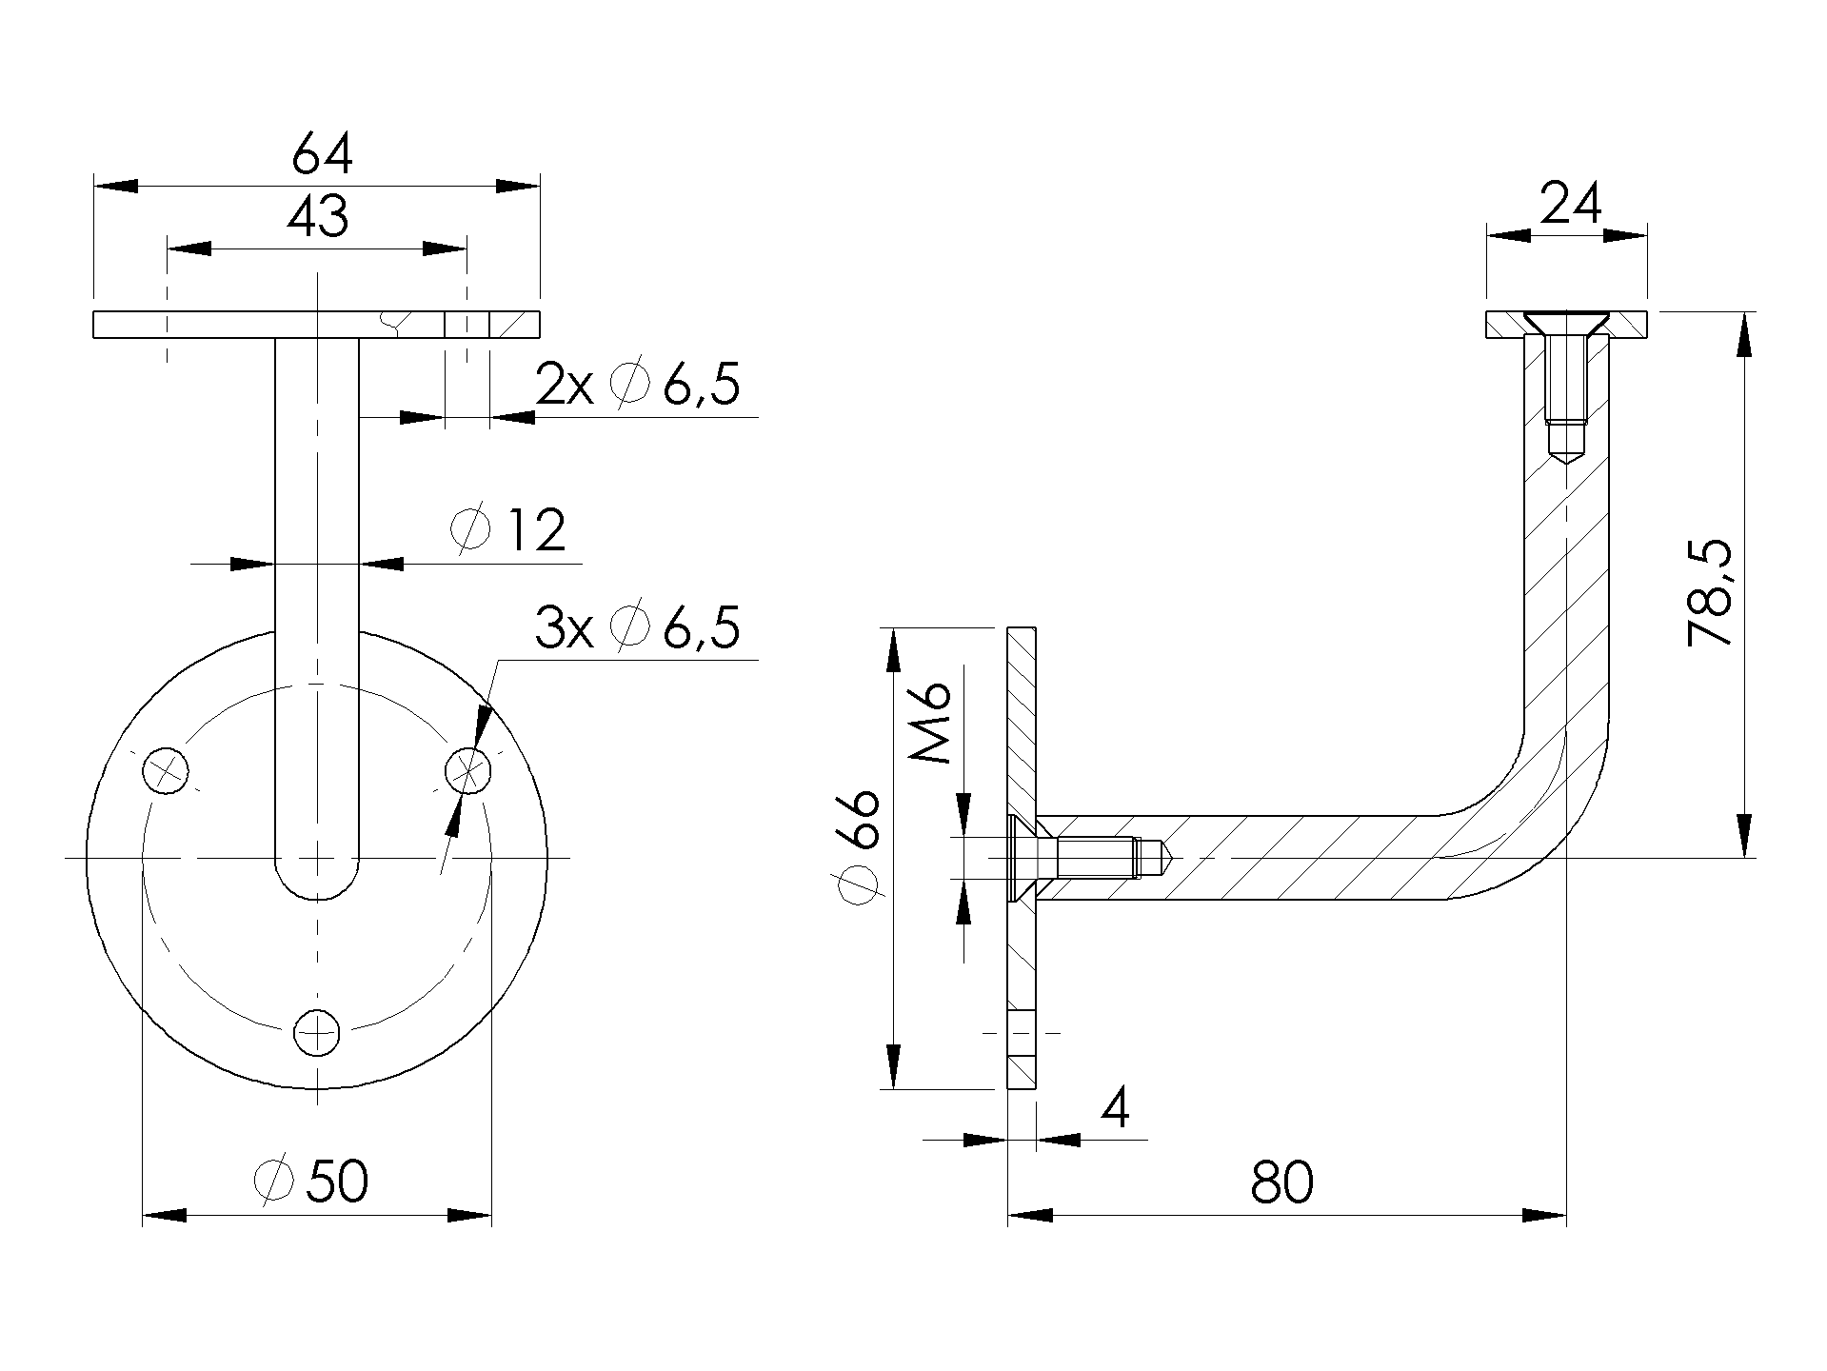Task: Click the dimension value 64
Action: click(322, 154)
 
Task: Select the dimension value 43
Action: click(318, 218)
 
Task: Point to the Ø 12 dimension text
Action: click(509, 531)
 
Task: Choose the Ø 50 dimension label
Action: click(312, 1182)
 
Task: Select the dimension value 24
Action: click(1571, 204)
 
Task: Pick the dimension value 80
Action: click(1281, 1182)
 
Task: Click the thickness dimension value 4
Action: click(1115, 1107)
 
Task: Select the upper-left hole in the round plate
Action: click(166, 769)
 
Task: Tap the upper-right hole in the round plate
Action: click(468, 769)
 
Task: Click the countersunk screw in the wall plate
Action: click(1076, 858)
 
